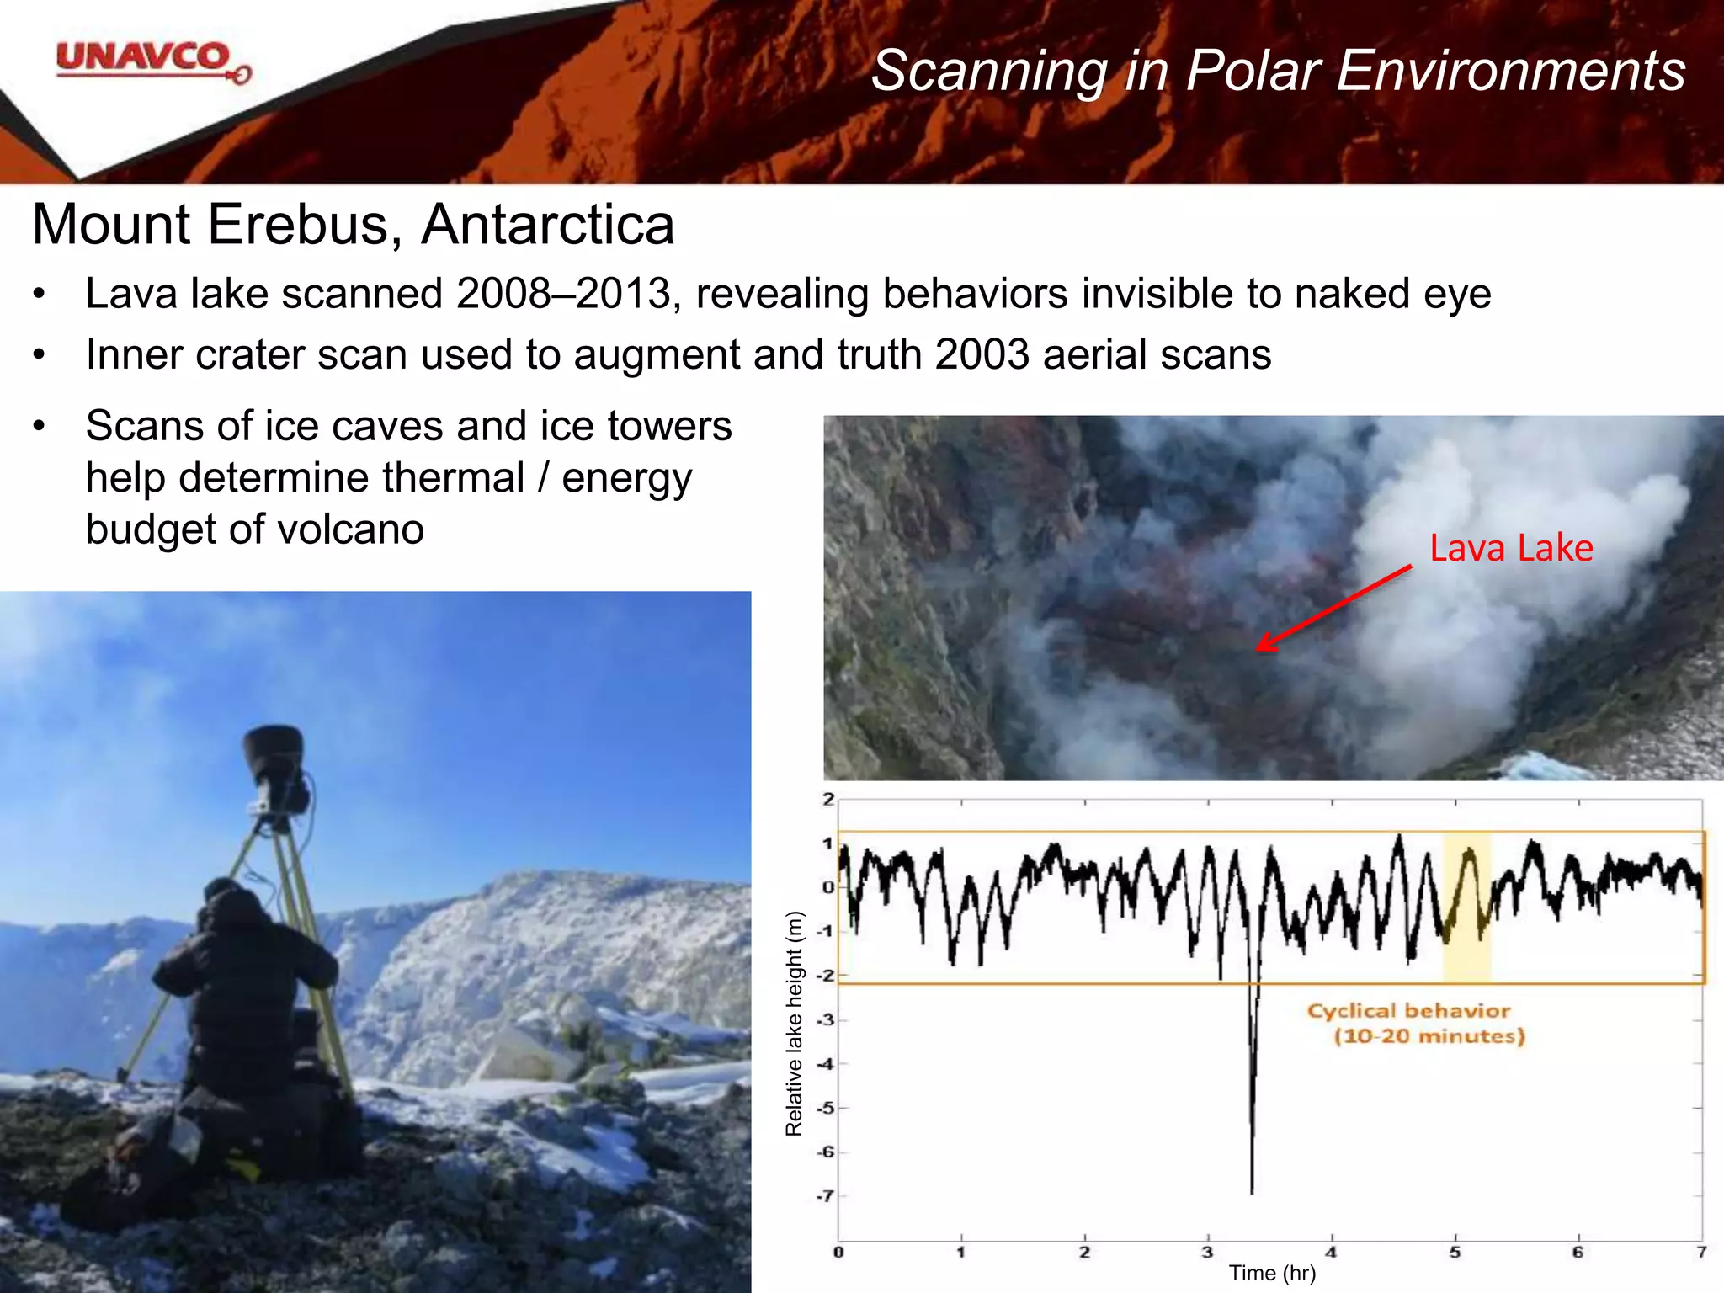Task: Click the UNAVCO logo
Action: [152, 61]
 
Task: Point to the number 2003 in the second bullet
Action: [982, 354]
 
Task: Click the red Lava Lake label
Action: [1511, 548]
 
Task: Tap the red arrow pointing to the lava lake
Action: [1333, 608]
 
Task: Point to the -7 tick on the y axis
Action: [825, 1196]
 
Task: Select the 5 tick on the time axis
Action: [1455, 1253]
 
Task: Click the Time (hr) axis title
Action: [1271, 1274]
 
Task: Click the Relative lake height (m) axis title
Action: [794, 1023]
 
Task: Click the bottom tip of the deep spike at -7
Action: [1252, 1191]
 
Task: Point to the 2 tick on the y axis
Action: [828, 800]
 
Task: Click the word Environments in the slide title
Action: [1511, 71]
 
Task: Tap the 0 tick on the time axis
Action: [838, 1253]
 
